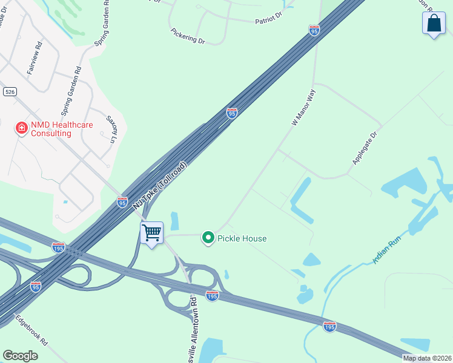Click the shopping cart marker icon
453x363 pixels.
151,232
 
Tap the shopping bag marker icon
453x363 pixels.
434,24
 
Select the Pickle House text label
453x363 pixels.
242,238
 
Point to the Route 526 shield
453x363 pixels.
9,91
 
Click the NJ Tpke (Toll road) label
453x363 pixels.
160,185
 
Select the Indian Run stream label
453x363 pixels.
387,250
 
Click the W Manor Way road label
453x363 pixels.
304,108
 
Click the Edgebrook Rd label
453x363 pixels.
31,330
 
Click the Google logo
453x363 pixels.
21,356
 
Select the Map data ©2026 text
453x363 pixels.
426,358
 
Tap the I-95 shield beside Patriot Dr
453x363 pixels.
314,30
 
